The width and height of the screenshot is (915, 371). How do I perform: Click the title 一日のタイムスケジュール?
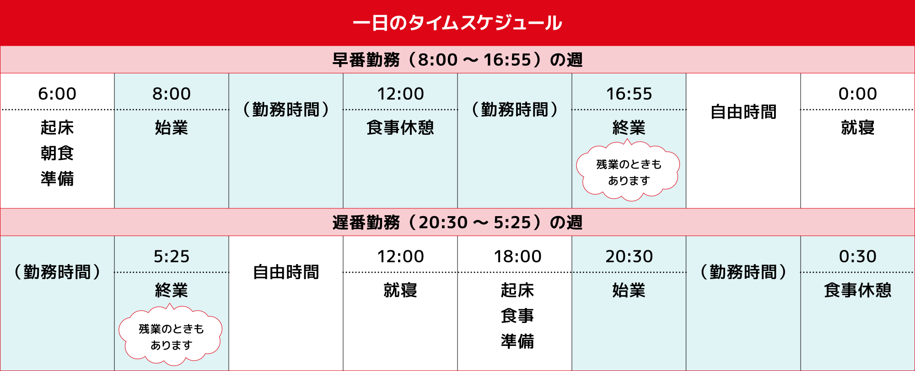(457, 23)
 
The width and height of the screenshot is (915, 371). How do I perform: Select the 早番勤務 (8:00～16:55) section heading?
(457, 60)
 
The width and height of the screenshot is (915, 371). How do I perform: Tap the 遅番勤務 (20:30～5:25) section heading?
(457, 223)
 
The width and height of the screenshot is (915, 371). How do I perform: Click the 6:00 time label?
(57, 94)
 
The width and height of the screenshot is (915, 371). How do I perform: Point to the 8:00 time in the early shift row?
(172, 94)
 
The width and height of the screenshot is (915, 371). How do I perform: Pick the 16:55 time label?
(629, 94)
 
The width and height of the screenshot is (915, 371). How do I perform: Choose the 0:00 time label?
(858, 94)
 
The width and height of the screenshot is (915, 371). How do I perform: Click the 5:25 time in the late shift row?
(172, 256)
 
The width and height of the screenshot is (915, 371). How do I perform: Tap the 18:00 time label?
(517, 256)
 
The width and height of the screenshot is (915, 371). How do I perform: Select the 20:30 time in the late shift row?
(629, 256)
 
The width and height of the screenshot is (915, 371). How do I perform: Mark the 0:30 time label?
(858, 256)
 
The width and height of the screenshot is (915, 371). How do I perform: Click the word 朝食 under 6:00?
(57, 153)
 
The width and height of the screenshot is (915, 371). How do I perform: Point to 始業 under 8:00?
(172, 127)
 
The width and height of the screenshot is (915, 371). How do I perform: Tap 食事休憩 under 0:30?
(858, 290)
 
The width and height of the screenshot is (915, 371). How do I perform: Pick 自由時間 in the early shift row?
(743, 112)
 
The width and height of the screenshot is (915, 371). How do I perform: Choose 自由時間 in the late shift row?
(286, 272)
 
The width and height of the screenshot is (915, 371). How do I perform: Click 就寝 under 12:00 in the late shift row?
(400, 290)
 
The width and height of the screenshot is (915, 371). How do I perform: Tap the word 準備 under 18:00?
(517, 341)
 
